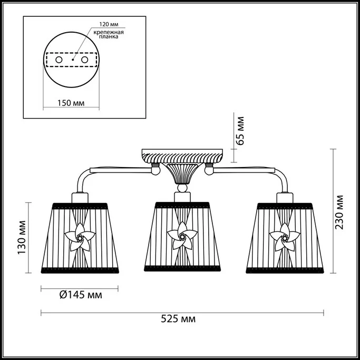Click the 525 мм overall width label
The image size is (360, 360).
coord(178,319)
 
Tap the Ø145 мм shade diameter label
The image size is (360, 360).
coord(81,295)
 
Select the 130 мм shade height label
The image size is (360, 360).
coord(22,237)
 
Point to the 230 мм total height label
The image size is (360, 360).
coord(339,212)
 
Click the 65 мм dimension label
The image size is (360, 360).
coord(240,131)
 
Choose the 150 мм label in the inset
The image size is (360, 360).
coord(71,103)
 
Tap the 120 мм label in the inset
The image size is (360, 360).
coord(109,24)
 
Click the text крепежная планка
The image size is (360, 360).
coord(109,34)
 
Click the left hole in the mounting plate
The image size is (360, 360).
coord(59,60)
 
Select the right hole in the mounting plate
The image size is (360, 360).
coord(84,60)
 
